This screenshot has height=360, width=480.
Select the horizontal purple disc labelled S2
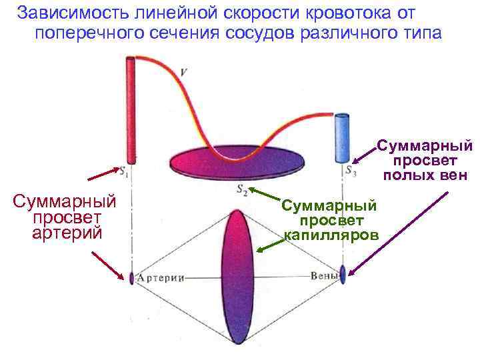(237, 161)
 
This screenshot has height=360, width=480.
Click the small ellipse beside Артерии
(132, 277)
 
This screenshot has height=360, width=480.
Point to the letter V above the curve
(183, 71)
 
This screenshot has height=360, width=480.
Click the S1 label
(124, 172)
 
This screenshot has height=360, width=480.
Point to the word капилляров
(331, 234)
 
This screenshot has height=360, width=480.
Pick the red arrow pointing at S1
(104, 175)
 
